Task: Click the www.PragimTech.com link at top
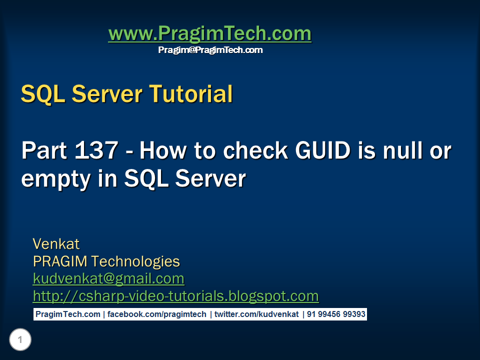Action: pyautogui.click(x=209, y=34)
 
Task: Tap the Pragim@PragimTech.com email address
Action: pyautogui.click(x=210, y=50)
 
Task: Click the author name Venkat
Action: pyautogui.click(x=56, y=244)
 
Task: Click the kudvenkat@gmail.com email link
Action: pyautogui.click(x=108, y=278)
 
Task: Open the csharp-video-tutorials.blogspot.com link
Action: pyautogui.click(x=175, y=296)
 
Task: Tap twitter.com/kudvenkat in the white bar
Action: pyautogui.click(x=256, y=314)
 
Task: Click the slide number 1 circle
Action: pyautogui.click(x=20, y=340)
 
